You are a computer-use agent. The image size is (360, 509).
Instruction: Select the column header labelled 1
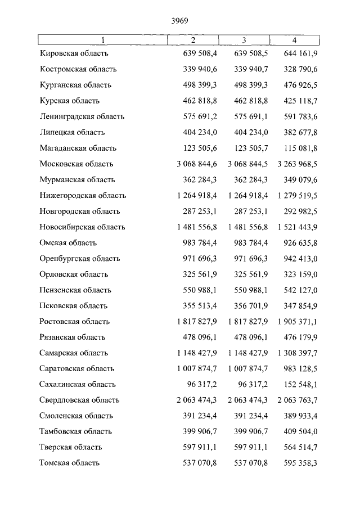(x=102, y=40)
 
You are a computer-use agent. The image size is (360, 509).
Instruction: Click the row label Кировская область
(x=74, y=53)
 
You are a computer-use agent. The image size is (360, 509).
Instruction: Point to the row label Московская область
(x=76, y=164)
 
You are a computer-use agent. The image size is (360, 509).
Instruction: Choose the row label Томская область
(x=70, y=463)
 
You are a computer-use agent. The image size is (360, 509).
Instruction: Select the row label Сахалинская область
(x=78, y=385)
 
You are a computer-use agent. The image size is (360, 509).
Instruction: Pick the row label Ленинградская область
(x=82, y=117)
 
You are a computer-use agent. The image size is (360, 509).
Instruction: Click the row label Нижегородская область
(x=83, y=196)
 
